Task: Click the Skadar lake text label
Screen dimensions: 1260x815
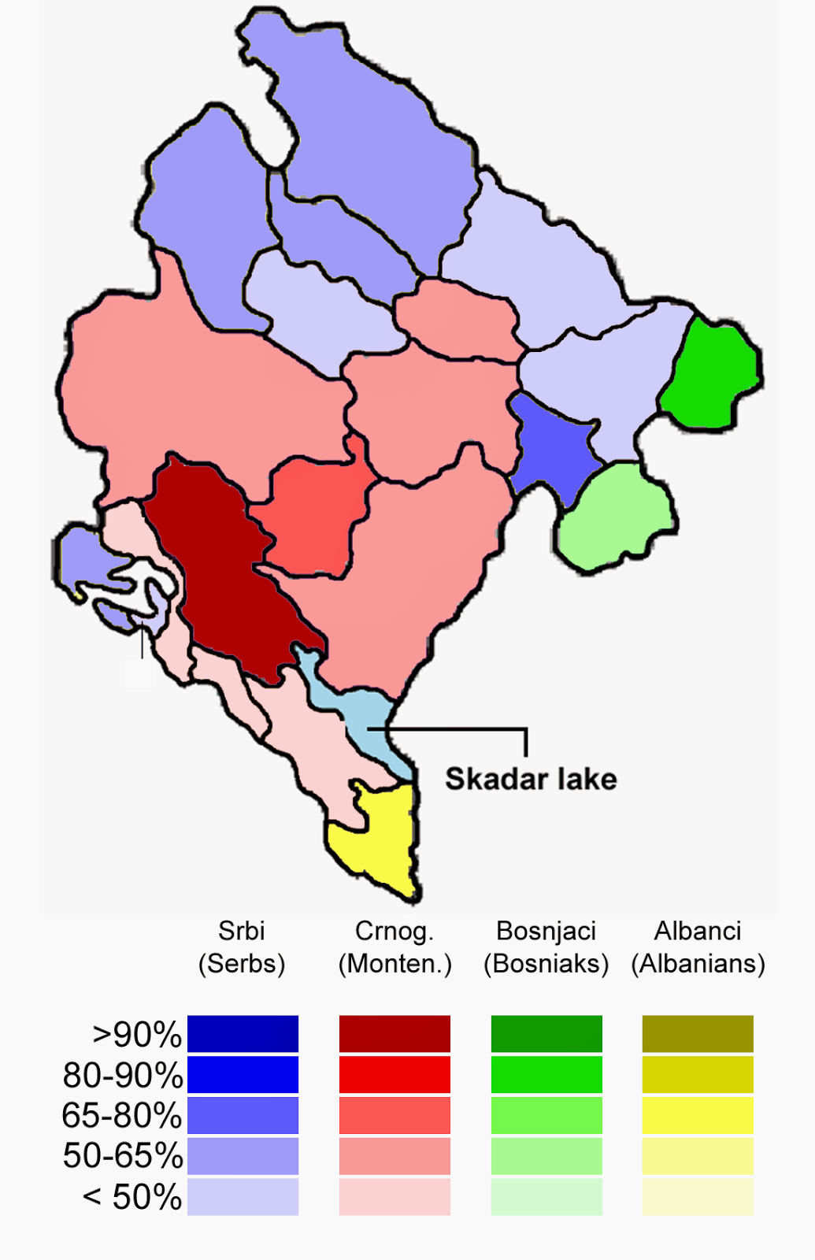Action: click(x=531, y=779)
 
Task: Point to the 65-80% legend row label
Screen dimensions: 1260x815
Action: click(x=122, y=1116)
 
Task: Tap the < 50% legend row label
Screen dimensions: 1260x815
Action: click(x=132, y=1197)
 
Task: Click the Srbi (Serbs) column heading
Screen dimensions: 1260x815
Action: click(x=242, y=947)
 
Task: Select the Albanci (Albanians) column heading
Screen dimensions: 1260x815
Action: click(x=698, y=947)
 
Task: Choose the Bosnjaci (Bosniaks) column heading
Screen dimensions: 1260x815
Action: click(x=546, y=947)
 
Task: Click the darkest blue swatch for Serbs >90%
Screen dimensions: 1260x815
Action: click(x=243, y=1034)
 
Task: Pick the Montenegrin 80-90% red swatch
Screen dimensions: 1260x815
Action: click(x=395, y=1075)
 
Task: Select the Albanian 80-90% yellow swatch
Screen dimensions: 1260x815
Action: click(x=698, y=1075)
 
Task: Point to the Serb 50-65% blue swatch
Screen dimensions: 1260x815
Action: click(x=243, y=1156)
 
